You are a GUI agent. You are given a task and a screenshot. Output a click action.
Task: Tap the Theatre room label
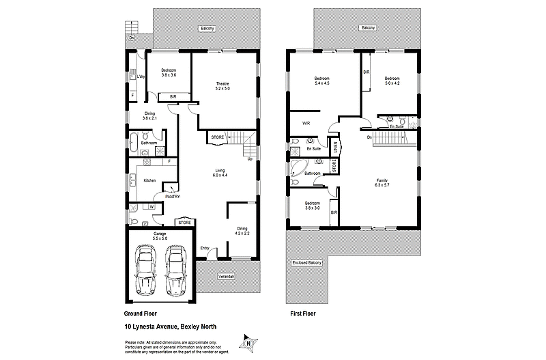pos(222,85)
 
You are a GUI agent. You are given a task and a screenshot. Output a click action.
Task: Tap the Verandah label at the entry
pos(226,276)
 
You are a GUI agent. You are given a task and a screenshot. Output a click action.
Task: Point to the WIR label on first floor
pos(306,124)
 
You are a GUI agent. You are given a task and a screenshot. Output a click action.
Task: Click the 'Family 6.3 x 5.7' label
pos(382,182)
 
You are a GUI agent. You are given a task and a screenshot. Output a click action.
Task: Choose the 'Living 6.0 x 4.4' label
pos(220,173)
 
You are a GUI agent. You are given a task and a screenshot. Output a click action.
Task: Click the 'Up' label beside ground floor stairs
pos(250,159)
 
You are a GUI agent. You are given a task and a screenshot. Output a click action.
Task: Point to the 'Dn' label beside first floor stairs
pos(369,138)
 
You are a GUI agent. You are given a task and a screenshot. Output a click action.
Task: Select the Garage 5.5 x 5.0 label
pos(159,236)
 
